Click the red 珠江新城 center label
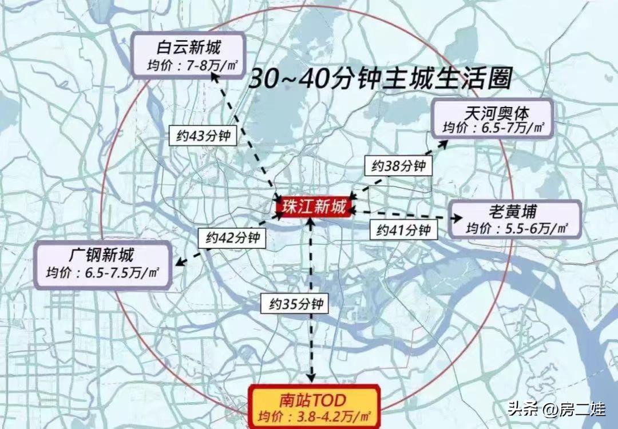point(314,207)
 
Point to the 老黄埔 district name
point(513,212)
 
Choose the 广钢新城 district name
point(104,254)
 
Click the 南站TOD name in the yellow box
point(314,399)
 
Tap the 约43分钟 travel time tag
point(203,136)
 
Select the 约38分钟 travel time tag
point(399,166)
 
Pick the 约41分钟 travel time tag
point(403,230)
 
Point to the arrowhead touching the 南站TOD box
point(312,378)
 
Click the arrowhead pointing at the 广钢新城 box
point(180,263)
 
